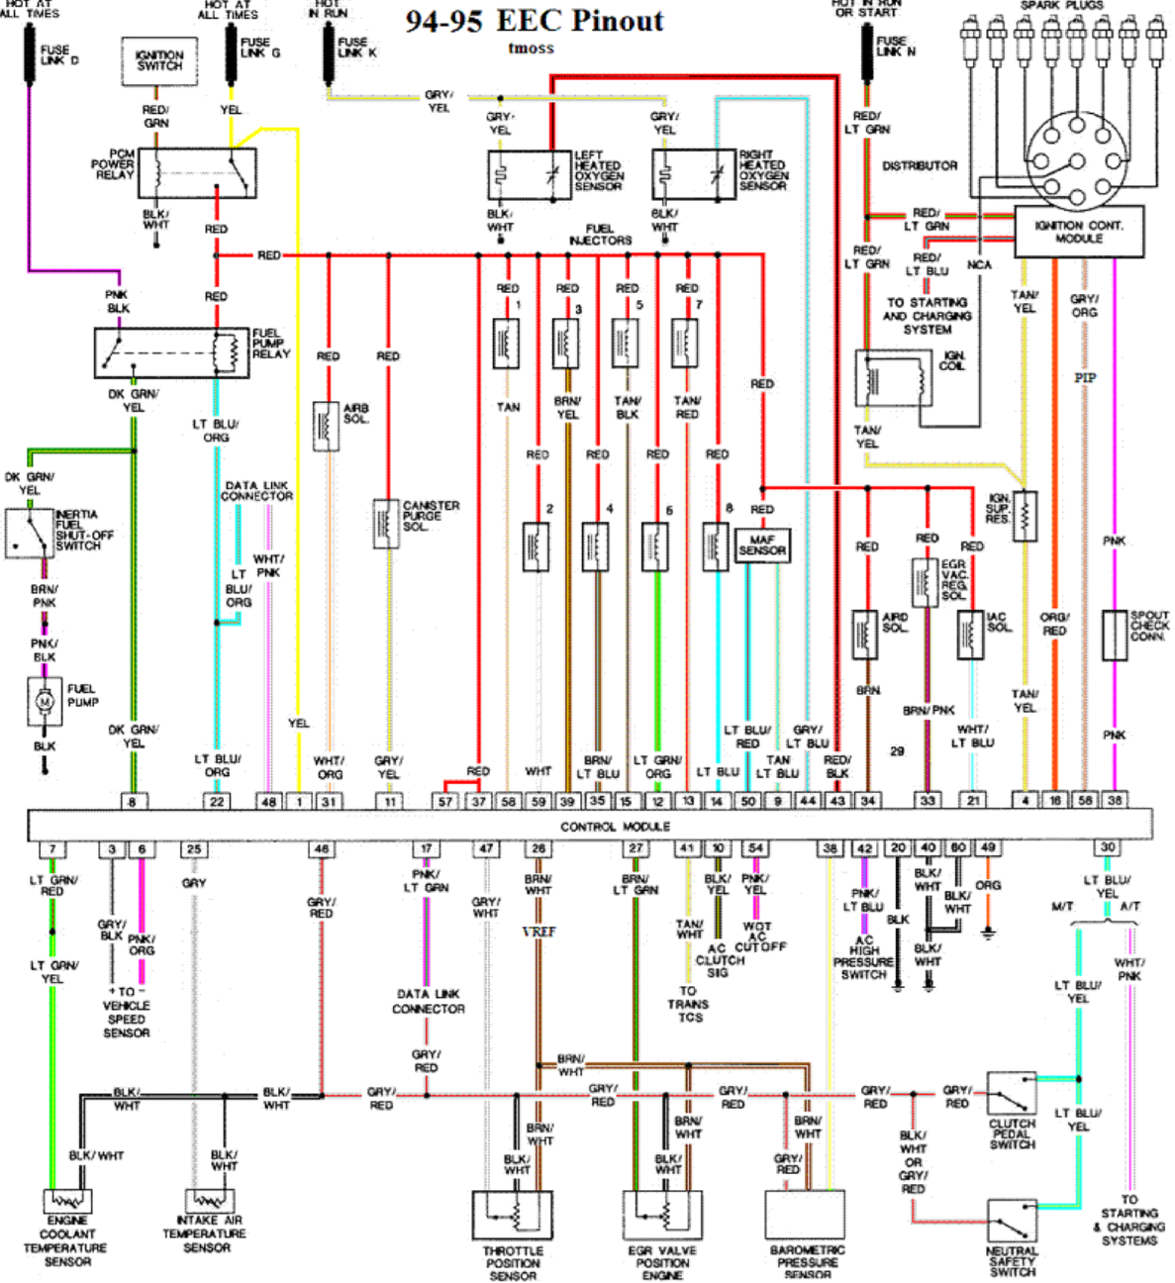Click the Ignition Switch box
(159, 60)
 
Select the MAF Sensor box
(762, 545)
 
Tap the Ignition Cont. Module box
(1078, 232)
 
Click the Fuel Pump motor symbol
(45, 701)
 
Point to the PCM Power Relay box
(197, 173)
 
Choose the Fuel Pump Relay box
(171, 353)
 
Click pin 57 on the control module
(445, 801)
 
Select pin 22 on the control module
(217, 801)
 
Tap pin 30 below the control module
(1108, 848)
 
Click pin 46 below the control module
(321, 849)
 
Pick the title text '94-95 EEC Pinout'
(535, 21)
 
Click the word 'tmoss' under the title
(531, 49)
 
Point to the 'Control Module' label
(615, 826)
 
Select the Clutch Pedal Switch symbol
(1012, 1094)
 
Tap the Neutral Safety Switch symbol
(1012, 1222)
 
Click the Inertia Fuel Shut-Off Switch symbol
(29, 533)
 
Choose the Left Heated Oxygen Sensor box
(530, 175)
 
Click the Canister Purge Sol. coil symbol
(386, 524)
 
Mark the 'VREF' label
(539, 932)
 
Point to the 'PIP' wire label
(1085, 378)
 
